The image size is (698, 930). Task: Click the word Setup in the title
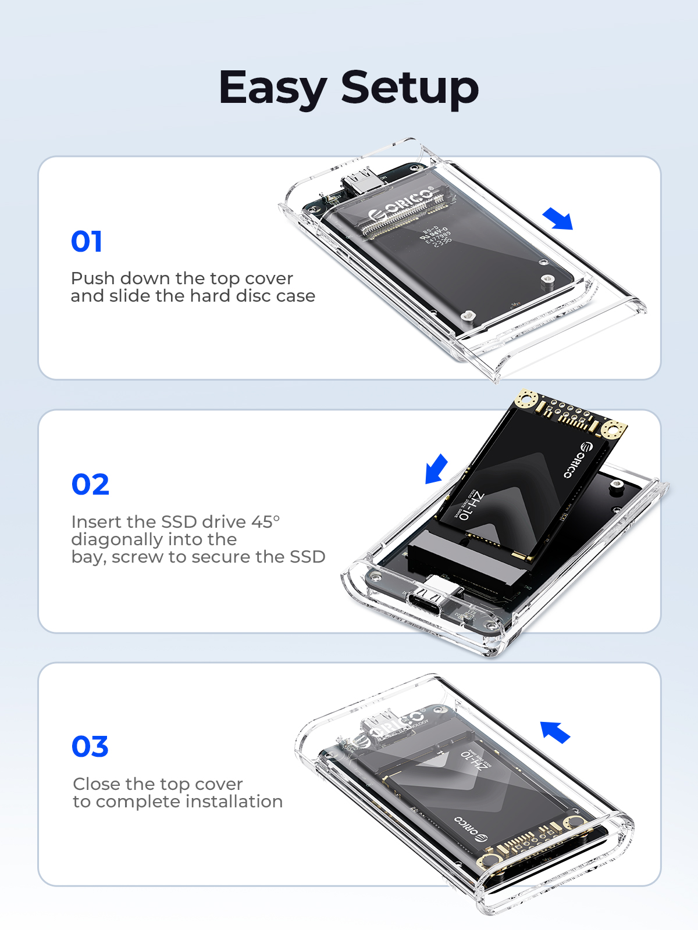point(409,88)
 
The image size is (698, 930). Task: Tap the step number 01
point(87,241)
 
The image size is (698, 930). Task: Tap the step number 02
point(90,484)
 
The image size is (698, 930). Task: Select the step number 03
point(90,746)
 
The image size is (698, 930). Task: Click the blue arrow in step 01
point(558,219)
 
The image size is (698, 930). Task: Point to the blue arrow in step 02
point(436,468)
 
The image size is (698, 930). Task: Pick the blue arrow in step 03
point(555,732)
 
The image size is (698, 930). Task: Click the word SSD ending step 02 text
point(307,557)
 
